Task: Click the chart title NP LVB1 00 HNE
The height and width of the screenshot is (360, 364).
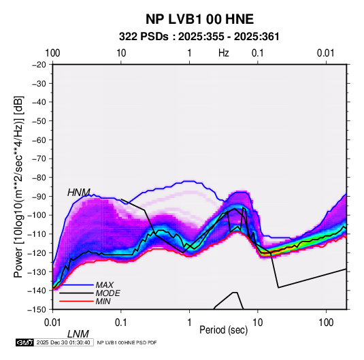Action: [x=199, y=19]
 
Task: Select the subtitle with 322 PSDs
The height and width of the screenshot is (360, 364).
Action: [x=199, y=37]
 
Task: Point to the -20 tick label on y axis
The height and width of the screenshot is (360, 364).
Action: [x=39, y=64]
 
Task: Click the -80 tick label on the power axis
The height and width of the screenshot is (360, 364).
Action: [x=39, y=178]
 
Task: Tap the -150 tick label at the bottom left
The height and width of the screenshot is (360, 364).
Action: [x=37, y=310]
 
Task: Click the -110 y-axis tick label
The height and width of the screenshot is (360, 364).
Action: [x=37, y=234]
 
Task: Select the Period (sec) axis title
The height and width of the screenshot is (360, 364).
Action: [x=224, y=330]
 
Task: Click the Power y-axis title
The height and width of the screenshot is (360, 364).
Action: [x=18, y=187]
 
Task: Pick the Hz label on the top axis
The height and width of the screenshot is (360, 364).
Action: [x=224, y=53]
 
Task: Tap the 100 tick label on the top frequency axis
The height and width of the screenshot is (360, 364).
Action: [x=52, y=53]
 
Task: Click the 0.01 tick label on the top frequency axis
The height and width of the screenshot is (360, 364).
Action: [x=326, y=53]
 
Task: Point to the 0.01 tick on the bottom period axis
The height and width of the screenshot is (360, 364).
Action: [x=52, y=323]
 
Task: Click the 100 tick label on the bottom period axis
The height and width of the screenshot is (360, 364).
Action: [x=326, y=323]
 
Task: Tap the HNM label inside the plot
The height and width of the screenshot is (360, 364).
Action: [x=79, y=193]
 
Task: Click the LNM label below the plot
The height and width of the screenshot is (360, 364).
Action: [x=78, y=334]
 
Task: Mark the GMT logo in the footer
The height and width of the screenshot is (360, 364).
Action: [x=25, y=342]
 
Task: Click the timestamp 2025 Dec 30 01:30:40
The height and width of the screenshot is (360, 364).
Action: [x=63, y=342]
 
